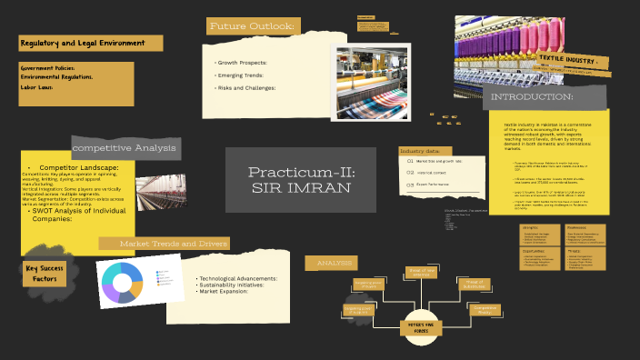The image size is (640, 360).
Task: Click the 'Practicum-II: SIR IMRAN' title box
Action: pos(301,180)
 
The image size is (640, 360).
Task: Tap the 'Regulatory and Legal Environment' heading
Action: pos(89,43)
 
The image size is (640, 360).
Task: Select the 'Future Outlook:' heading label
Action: pos(252,26)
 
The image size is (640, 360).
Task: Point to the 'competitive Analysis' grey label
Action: pos(125,147)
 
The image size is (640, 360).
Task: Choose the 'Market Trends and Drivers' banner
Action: pos(164,244)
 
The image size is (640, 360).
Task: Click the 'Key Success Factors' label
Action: pos(45,274)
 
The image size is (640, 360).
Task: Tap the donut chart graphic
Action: pos(123,282)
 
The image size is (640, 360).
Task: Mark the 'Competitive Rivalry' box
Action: pos(485,308)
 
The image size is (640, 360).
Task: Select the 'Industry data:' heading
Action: pos(419,151)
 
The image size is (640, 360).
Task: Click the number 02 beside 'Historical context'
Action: pos(410,172)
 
